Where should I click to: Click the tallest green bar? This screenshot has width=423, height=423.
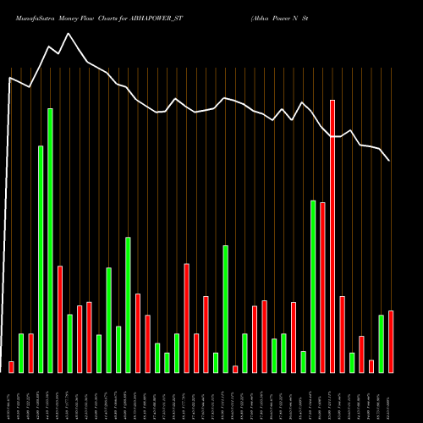(x=50, y=240)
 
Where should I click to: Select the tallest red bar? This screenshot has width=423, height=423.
(x=332, y=236)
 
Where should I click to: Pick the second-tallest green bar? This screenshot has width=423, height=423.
(x=41, y=259)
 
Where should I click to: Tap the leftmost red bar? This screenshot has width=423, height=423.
(x=11, y=366)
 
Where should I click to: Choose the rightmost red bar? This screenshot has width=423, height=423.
(x=391, y=342)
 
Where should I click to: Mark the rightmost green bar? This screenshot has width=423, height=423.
(x=381, y=343)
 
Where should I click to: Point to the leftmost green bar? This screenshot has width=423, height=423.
(x=21, y=353)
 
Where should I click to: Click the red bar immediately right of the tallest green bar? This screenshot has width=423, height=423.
(x=60, y=319)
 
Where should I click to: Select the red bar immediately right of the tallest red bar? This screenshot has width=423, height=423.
(x=342, y=334)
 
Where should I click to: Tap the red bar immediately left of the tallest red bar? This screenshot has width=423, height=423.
(x=322, y=288)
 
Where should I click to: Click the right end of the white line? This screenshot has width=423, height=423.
(x=390, y=161)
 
